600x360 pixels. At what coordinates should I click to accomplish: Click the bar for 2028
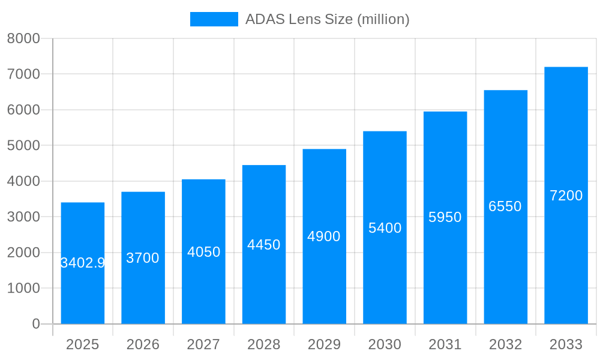pyautogui.click(x=264, y=288)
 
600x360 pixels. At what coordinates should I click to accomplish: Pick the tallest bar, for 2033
pyautogui.click(x=566, y=264)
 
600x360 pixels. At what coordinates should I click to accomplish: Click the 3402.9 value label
pyautogui.click(x=83, y=263)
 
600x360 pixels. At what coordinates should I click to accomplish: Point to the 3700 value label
pyautogui.click(x=143, y=258)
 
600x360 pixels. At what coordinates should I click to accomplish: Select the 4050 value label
pyautogui.click(x=203, y=252)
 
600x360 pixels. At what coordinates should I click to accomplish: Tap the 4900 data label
pyautogui.click(x=324, y=236)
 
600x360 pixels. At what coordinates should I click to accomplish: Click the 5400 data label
pyautogui.click(x=385, y=228)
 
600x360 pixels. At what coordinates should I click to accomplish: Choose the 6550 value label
pyautogui.click(x=505, y=206)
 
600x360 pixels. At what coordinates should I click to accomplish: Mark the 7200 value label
pyautogui.click(x=566, y=196)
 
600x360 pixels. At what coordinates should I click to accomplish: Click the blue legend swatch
pyautogui.click(x=214, y=19)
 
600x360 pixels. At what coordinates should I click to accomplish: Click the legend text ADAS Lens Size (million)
pyautogui.click(x=327, y=19)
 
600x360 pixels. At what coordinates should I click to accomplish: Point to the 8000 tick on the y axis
pyautogui.click(x=23, y=38)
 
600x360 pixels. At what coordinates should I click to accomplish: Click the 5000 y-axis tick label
pyautogui.click(x=23, y=145)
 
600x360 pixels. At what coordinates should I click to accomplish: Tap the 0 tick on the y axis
pyautogui.click(x=36, y=324)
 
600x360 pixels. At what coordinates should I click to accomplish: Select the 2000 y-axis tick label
pyautogui.click(x=23, y=253)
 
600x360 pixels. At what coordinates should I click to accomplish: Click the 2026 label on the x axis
pyautogui.click(x=143, y=344)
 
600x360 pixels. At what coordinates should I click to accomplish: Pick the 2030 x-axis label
pyautogui.click(x=385, y=344)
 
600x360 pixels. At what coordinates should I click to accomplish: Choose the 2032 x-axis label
pyautogui.click(x=505, y=344)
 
